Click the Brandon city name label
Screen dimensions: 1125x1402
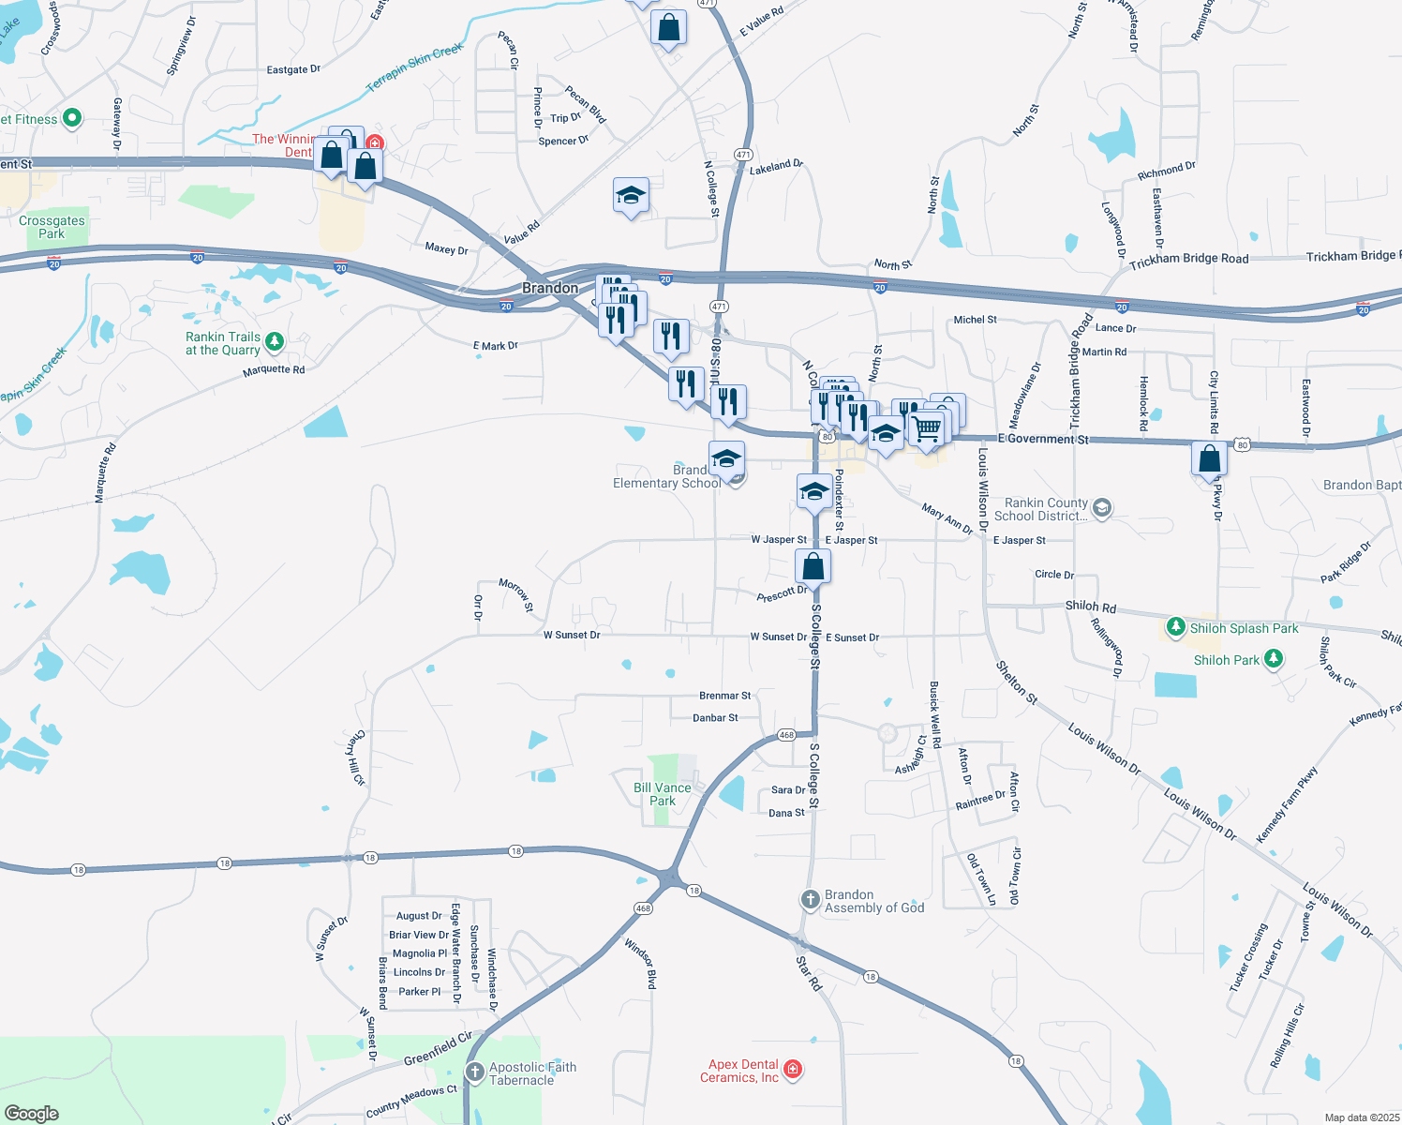point(550,288)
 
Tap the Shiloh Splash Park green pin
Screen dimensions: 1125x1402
point(1176,626)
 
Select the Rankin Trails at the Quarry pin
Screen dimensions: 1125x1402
point(274,341)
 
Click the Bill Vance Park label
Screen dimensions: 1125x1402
point(663,794)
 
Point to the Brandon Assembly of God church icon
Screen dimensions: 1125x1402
point(811,900)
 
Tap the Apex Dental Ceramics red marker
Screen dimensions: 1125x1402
point(793,1070)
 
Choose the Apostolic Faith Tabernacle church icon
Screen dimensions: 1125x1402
point(475,1072)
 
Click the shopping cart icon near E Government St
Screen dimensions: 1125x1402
point(927,428)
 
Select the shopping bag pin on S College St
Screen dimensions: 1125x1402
point(813,566)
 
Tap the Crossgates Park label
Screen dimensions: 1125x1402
point(52,227)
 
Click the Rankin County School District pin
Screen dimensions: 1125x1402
point(1102,508)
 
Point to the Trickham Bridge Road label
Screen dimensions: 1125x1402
point(1188,259)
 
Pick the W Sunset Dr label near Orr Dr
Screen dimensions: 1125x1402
point(572,635)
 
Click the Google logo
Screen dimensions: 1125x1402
point(32,1113)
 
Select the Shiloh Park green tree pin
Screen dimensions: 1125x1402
point(1273,659)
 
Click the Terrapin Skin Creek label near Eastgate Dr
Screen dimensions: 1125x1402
point(414,67)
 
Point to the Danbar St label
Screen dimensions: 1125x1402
point(715,718)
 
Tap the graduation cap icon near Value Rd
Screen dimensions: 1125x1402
point(631,196)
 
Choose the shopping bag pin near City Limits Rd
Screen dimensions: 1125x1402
point(1210,458)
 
